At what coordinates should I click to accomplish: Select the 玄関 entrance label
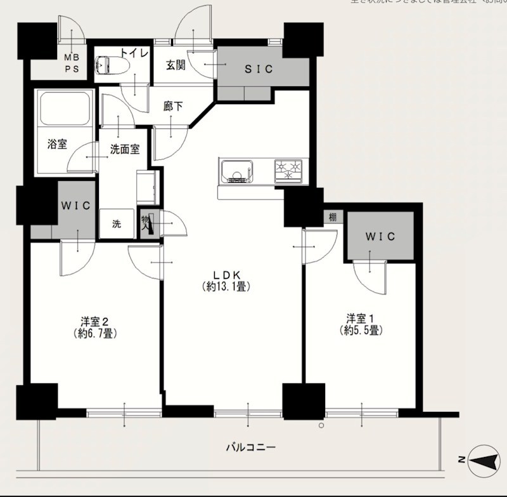click(x=176, y=64)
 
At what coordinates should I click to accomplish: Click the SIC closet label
click(x=259, y=69)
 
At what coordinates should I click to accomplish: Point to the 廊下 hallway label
click(x=172, y=107)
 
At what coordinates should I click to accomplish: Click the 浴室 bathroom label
click(x=58, y=143)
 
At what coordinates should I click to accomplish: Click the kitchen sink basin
click(x=237, y=171)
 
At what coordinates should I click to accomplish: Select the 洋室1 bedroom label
click(x=359, y=318)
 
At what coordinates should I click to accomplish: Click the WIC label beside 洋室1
click(x=380, y=236)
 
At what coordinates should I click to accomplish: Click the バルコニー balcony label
click(x=251, y=447)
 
